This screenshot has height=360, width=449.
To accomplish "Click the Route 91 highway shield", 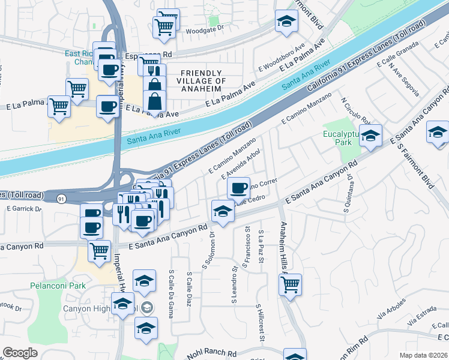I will pos(61,197).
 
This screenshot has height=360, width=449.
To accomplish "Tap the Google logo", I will pos(20,352).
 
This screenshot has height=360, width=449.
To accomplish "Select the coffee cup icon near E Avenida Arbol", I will pos(238,188).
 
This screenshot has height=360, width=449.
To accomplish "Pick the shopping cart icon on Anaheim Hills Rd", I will pos(290,284).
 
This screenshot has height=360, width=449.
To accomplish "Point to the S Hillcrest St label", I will pos(261,324).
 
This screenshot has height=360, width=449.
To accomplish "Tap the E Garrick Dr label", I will pos(24,209).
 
